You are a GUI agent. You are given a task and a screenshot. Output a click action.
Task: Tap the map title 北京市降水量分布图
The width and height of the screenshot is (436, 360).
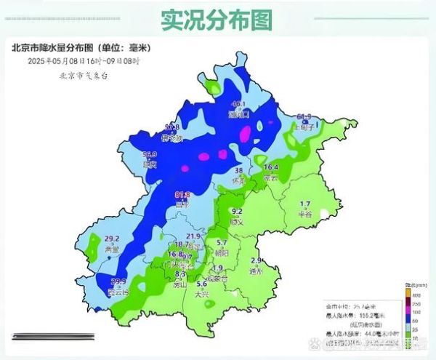(x=80, y=48)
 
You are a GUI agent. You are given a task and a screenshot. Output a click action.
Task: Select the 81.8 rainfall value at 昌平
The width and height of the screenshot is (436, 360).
(x=182, y=195)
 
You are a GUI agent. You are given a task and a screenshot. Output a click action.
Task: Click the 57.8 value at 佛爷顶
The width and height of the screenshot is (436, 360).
(x=172, y=127)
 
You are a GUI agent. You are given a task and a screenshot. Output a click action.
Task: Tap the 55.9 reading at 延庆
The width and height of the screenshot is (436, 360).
(x=150, y=155)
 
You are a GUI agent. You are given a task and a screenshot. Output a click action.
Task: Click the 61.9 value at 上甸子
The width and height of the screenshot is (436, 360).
(x=304, y=117)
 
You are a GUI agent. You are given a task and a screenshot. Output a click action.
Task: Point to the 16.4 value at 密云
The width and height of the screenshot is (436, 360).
(x=270, y=167)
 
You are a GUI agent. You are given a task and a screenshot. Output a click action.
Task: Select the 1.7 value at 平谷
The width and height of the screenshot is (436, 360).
(x=305, y=204)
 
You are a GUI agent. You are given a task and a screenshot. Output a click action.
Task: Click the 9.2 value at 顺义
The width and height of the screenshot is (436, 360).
(x=235, y=212)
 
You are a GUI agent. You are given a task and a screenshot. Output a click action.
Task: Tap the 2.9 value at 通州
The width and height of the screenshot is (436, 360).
(x=256, y=260)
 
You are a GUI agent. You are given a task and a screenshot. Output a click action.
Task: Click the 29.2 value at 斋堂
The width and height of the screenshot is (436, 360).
(x=112, y=239)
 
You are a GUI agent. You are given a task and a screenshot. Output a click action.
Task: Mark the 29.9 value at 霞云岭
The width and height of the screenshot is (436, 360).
(x=118, y=281)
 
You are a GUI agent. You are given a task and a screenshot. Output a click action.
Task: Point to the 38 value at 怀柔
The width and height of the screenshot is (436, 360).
(x=238, y=170)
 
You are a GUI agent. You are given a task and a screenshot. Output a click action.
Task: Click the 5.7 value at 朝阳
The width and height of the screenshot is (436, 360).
(x=222, y=242)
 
